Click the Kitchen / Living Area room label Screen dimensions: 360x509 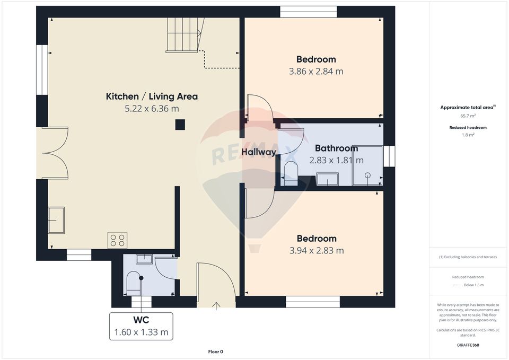[x=152, y=96]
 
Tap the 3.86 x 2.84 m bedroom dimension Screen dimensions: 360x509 [x=316, y=71]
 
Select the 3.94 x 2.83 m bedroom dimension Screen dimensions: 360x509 [x=316, y=250]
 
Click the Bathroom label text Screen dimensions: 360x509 [x=336, y=148]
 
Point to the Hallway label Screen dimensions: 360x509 [x=259, y=152]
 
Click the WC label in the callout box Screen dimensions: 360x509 [x=141, y=320]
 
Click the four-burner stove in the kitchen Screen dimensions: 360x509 [x=117, y=240]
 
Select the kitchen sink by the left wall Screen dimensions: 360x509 [x=56, y=220]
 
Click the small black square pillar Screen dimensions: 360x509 [x=180, y=125]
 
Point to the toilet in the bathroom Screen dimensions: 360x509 [x=291, y=174]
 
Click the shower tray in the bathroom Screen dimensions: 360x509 [x=367, y=165]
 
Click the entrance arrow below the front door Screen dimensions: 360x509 [x=216, y=305]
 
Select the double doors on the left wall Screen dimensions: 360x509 [x=55, y=153]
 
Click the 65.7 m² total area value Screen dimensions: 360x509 [x=468, y=115]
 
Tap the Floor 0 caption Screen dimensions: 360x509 [x=215, y=352]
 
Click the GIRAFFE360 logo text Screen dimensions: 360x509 [x=468, y=345]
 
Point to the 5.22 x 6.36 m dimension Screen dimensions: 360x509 [x=152, y=109]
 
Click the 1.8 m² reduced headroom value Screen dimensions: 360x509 [x=468, y=135]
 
